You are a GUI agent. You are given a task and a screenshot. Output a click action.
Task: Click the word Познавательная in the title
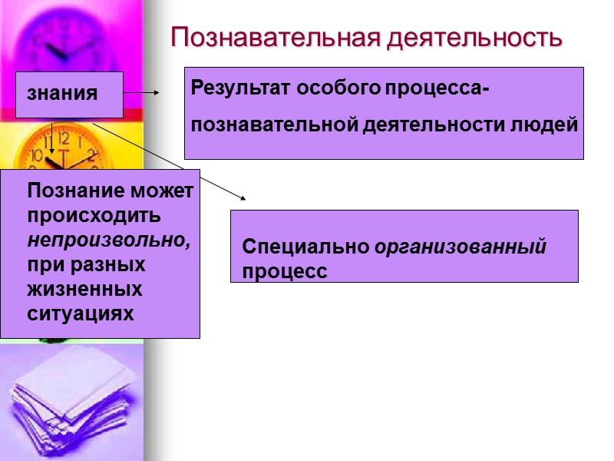[x=274, y=37]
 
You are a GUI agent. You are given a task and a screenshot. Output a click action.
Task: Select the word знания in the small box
[x=62, y=94]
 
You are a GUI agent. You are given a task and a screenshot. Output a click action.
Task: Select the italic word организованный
[x=460, y=247]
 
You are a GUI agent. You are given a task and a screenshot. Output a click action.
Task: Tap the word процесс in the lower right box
[x=285, y=271]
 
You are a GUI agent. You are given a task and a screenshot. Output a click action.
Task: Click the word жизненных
[x=85, y=290]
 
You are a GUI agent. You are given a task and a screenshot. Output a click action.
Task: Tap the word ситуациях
[x=81, y=314]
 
